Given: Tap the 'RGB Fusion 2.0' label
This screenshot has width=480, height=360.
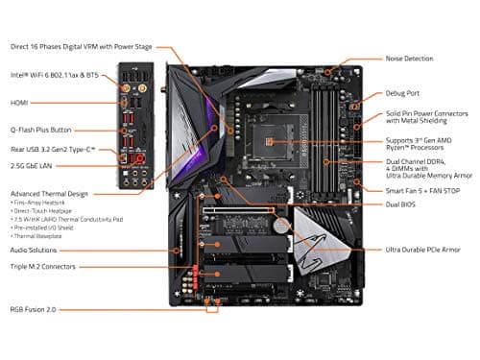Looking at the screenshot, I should tap(35, 310).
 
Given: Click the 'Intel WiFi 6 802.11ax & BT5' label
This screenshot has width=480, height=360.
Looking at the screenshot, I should tap(54, 74).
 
